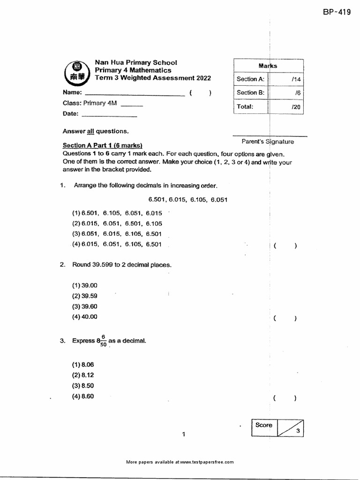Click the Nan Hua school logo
[x=75, y=72]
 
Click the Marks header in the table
[x=268, y=66]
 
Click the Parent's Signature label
[x=268, y=141]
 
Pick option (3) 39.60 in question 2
[x=84, y=306]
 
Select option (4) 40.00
[x=84, y=317]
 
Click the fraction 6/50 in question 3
[x=102, y=341]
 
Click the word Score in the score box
[x=263, y=425]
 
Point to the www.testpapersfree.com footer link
[x=206, y=462]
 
